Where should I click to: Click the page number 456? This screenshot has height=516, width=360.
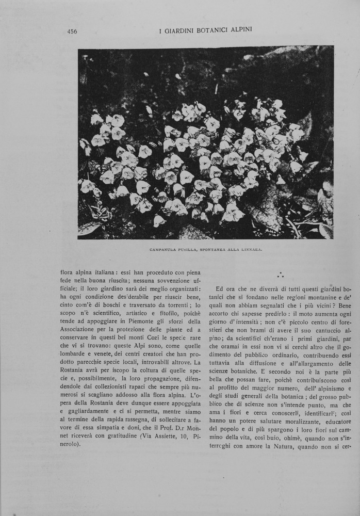72,31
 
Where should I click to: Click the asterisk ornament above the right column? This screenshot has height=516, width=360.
280,276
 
